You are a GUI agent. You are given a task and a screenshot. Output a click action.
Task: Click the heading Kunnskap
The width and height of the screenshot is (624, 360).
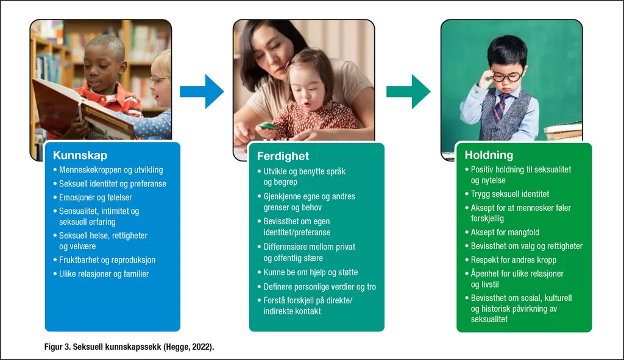pyautogui.click(x=80, y=155)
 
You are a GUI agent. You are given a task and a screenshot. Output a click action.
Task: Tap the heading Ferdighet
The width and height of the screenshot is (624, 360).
pyautogui.click(x=283, y=156)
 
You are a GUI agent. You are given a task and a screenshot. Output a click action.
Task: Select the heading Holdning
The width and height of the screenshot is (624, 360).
pyautogui.click(x=489, y=155)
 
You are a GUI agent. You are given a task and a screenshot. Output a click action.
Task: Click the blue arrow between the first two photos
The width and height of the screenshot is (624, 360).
pyautogui.click(x=202, y=91)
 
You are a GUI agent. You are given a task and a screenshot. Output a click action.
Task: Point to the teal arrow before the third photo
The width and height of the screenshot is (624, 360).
pyautogui.click(x=408, y=91)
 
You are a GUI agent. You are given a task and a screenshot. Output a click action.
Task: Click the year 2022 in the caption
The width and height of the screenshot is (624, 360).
pyautogui.click(x=200, y=347)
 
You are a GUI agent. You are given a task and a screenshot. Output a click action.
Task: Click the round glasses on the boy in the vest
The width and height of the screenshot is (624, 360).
pyautogui.click(x=506, y=76)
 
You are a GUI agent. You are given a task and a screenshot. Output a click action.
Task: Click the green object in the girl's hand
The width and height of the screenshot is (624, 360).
pyautogui.click(x=267, y=127)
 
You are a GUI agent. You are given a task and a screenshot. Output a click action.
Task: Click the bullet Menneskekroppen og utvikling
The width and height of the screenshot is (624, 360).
pyautogui.click(x=111, y=171)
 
